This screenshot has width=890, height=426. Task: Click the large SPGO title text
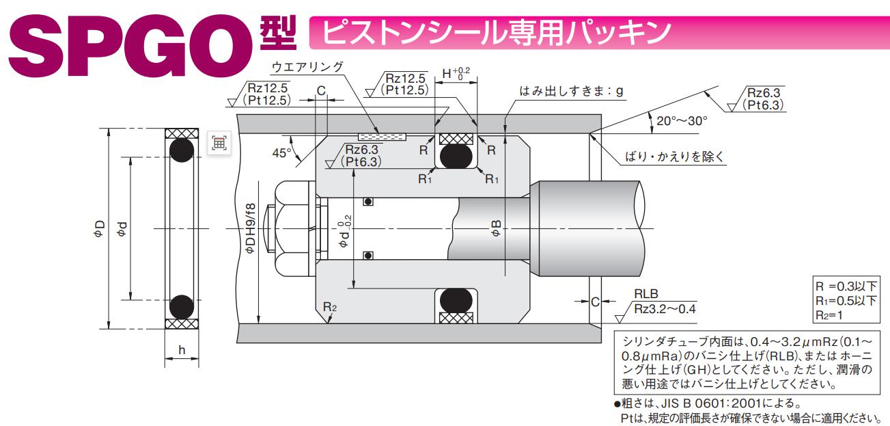click(x=130, y=42)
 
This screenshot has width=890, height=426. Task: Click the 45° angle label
click(x=281, y=153)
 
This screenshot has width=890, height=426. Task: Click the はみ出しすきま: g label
click(x=572, y=91)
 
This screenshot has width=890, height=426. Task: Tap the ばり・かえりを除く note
click(x=675, y=157)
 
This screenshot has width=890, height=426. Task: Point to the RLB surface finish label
click(x=645, y=295)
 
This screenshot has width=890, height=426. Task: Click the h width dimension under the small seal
click(x=182, y=350)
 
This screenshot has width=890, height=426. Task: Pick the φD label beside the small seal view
click(x=100, y=228)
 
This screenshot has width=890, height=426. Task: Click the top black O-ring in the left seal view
click(x=182, y=150)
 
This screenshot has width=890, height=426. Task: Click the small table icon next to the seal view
click(x=219, y=143)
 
